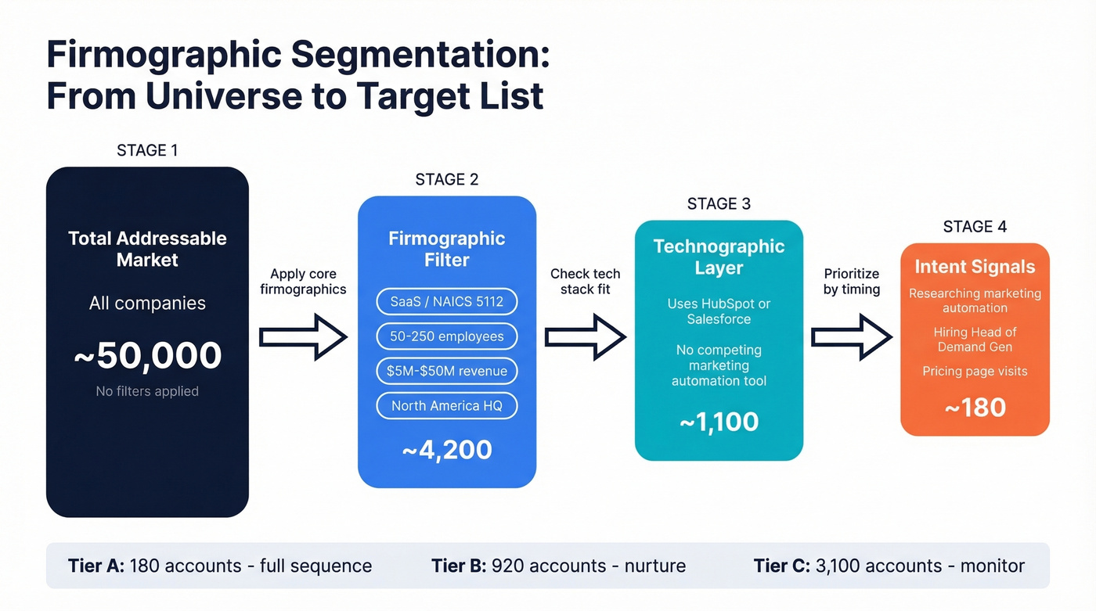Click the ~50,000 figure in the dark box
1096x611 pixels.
147,355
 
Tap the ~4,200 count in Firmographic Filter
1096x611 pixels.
447,450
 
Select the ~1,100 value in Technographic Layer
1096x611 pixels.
719,422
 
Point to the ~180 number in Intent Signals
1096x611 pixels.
975,408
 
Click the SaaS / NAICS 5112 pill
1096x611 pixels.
447,301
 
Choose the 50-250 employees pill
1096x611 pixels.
447,336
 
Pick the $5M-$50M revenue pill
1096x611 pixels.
447,371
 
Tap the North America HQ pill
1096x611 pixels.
447,405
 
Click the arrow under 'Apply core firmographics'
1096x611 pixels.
303,337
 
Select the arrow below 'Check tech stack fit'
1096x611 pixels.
585,337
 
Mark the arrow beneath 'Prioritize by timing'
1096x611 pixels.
851,337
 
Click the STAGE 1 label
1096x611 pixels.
147,150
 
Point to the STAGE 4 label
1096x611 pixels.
975,227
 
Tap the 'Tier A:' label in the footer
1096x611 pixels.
96,566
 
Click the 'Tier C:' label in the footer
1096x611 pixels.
781,566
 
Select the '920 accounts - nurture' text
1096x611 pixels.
588,566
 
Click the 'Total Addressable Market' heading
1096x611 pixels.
147,249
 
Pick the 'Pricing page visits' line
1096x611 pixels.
975,371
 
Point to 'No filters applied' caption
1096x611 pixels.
147,391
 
